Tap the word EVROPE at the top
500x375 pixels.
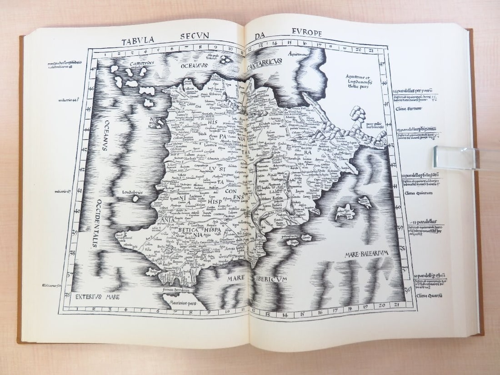[x=306, y=33]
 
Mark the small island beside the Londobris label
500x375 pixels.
[x=135, y=199]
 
